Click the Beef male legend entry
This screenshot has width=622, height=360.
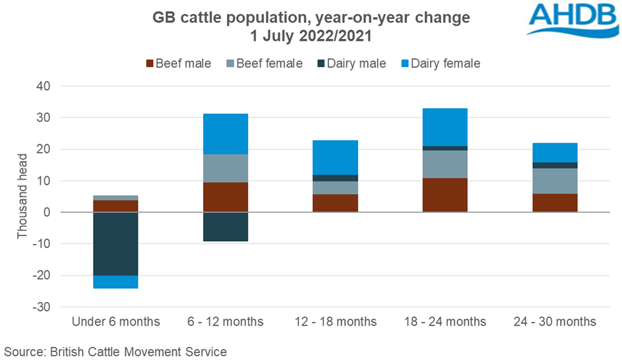[178, 64]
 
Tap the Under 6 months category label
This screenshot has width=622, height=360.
[115, 322]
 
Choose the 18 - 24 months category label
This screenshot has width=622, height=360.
[445, 322]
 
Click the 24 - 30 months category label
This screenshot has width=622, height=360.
[555, 322]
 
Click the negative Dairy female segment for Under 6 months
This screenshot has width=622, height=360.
[115, 282]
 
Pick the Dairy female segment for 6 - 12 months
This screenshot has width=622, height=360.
[226, 134]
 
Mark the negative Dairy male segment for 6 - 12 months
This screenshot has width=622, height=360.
[226, 227]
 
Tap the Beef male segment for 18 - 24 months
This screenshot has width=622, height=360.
[445, 195]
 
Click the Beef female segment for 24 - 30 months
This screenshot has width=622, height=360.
[555, 181]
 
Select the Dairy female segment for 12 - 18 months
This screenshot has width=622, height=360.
[336, 158]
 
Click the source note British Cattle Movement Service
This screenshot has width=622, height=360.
[115, 351]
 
